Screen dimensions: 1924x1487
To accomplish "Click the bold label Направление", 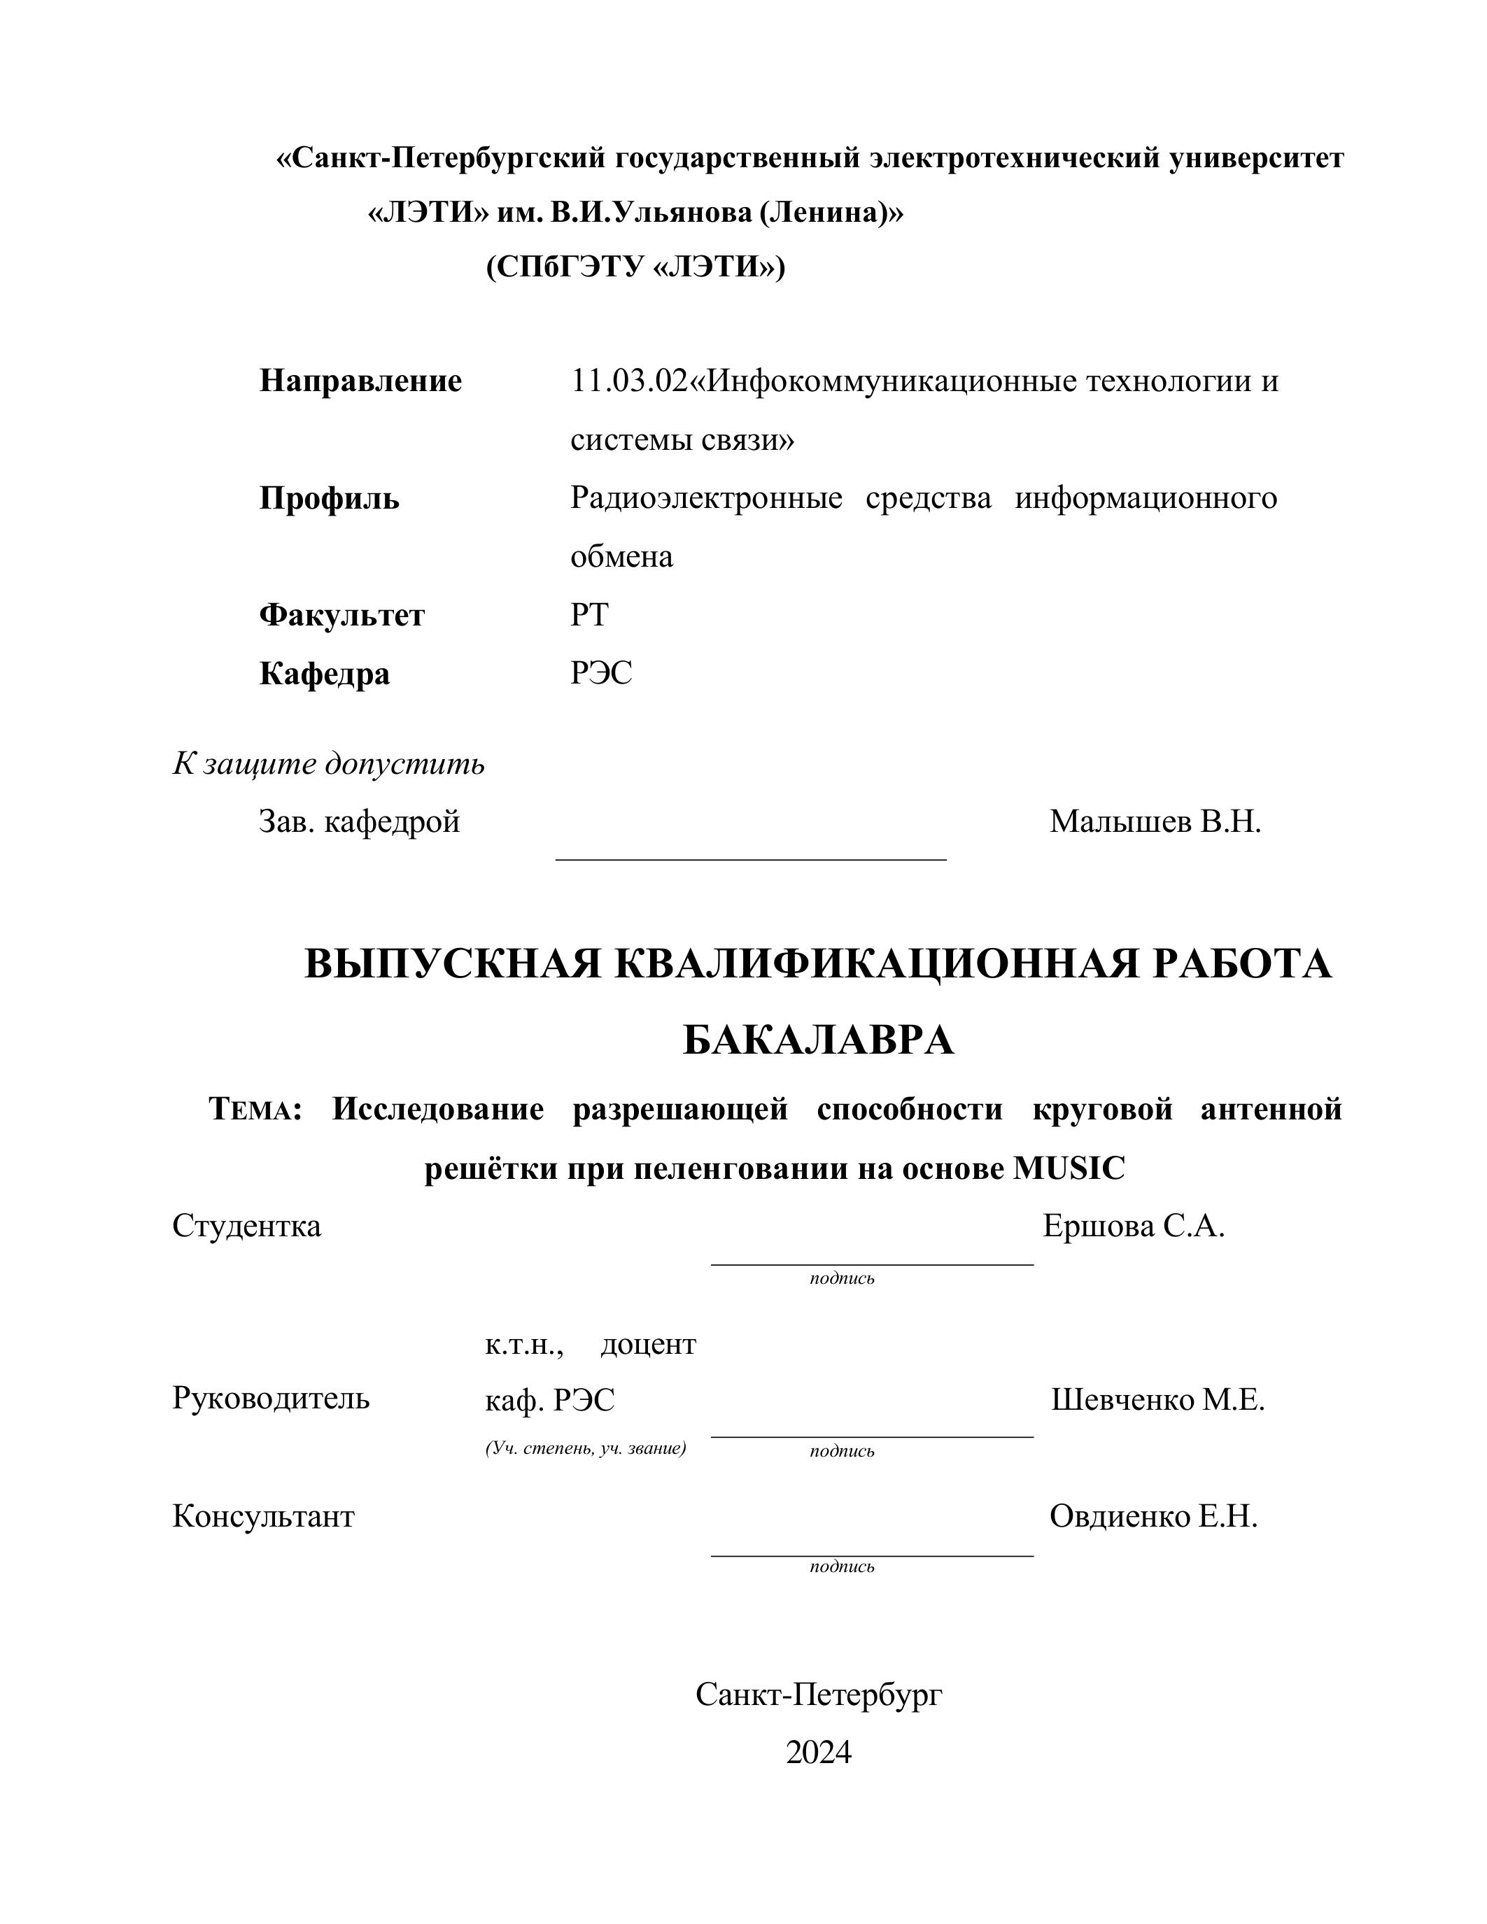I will (x=360, y=381).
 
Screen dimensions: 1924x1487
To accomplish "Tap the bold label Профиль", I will (x=329, y=499).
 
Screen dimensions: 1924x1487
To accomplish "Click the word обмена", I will (x=621, y=557).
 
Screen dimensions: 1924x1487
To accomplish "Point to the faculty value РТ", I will (x=589, y=615).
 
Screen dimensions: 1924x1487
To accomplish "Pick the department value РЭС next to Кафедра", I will (x=601, y=674).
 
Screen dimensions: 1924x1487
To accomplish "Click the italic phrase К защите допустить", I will (x=329, y=764).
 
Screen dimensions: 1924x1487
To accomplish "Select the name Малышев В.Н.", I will (x=1155, y=822).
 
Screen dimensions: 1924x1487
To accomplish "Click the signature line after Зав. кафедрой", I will (x=751, y=857).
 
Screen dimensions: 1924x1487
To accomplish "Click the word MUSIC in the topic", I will (x=1069, y=1169).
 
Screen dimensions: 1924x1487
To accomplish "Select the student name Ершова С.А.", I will (x=1134, y=1225).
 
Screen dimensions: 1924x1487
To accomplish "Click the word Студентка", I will (x=246, y=1225).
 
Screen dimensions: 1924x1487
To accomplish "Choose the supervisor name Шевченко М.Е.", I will (x=1157, y=1400).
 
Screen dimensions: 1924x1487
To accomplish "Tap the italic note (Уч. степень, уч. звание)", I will (x=585, y=1448).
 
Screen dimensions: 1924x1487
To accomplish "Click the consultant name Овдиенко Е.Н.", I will (x=1153, y=1516).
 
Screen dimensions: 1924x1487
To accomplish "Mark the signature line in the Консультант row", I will (x=871, y=1556).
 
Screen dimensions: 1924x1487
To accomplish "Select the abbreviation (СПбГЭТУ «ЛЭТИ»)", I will (x=635, y=266).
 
